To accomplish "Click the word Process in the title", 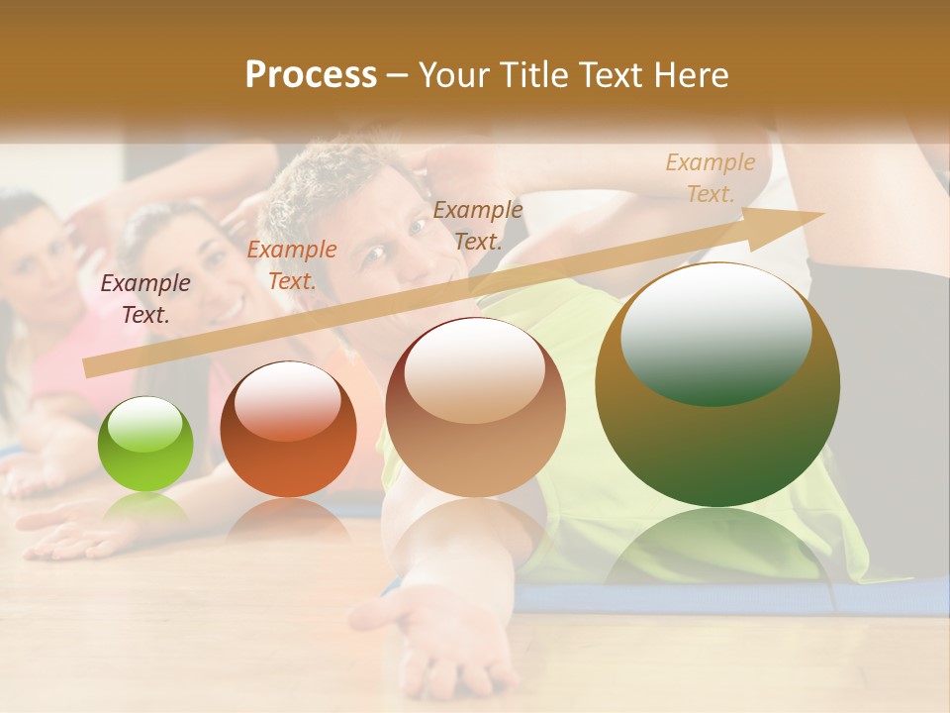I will pyautogui.click(x=311, y=74).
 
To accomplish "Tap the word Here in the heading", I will pyautogui.click(x=690, y=75).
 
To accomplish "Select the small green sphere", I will pyautogui.click(x=145, y=445).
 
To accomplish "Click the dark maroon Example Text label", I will pyautogui.click(x=145, y=299).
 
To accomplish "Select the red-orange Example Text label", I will pyautogui.click(x=292, y=265).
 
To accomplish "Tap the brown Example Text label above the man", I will pyautogui.click(x=478, y=225).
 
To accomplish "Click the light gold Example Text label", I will pyautogui.click(x=711, y=178).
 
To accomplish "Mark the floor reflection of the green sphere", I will pyautogui.click(x=145, y=507).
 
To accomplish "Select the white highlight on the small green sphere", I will pyautogui.click(x=144, y=424).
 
